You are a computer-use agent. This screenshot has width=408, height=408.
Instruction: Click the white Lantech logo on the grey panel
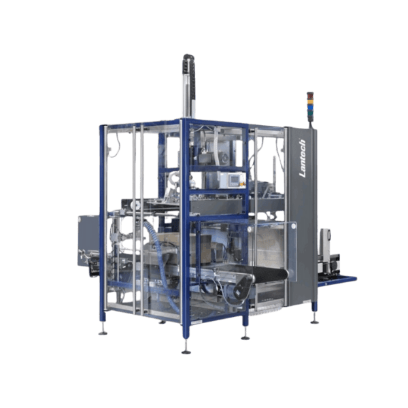(x=303, y=158)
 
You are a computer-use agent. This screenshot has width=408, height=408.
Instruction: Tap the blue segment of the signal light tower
(x=310, y=107)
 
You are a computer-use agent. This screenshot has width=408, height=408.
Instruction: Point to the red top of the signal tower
(x=310, y=95)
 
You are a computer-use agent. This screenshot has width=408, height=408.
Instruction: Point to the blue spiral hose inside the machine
(x=161, y=262)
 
